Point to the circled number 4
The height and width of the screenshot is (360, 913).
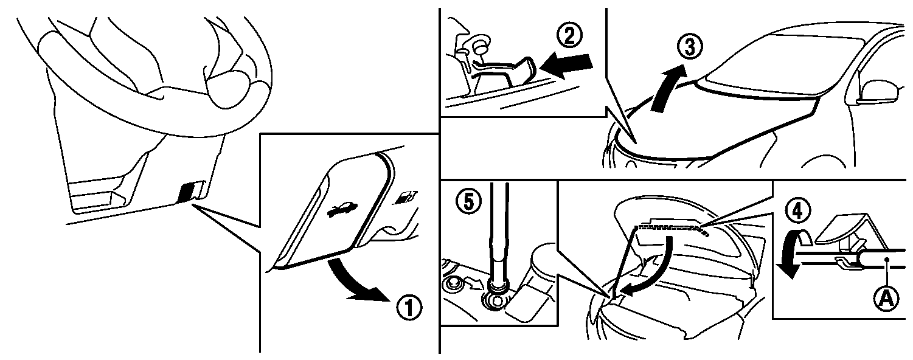pos(797,210)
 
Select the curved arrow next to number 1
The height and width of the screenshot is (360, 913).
pos(355,282)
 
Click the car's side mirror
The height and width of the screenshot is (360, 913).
pos(877,92)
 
